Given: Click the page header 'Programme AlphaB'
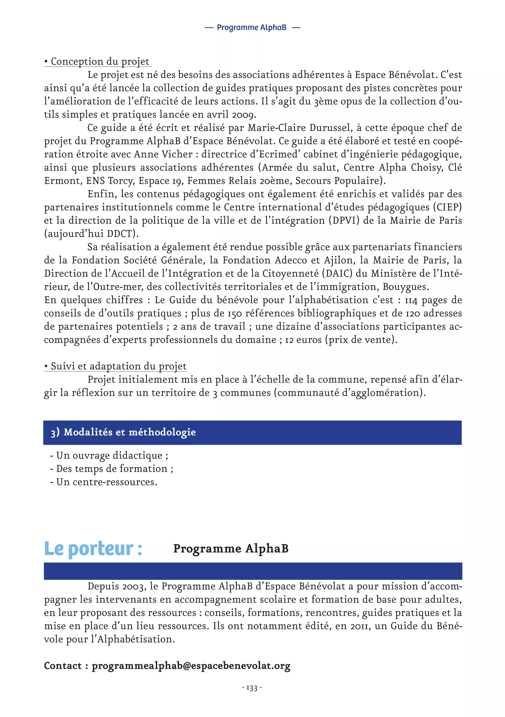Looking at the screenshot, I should pos(252,27).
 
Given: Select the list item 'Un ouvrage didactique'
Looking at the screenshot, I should pos(109,456).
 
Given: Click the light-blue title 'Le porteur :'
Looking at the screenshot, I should pos(93,549).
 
